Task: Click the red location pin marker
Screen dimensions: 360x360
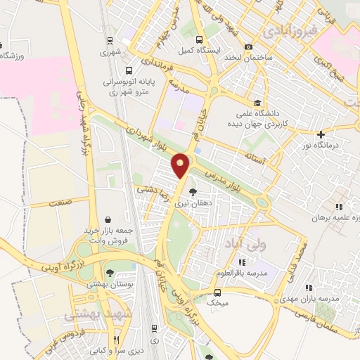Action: pos(181,165)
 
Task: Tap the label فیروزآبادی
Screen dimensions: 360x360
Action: pos(290,32)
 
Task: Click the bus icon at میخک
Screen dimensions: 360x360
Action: pos(217,292)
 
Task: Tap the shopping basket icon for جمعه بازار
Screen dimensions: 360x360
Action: pos(107,220)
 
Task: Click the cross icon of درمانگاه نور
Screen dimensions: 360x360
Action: pos(321,134)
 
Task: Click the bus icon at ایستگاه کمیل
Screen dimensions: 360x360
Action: pos(200,39)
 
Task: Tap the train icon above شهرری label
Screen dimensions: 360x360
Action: pos(109,41)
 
